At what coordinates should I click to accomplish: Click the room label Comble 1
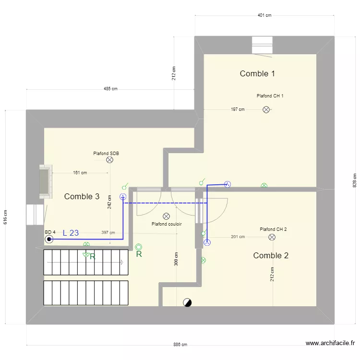click(257, 73)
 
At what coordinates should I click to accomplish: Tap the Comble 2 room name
click(271, 255)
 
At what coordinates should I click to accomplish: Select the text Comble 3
click(82, 196)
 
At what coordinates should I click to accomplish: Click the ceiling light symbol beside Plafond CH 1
click(266, 110)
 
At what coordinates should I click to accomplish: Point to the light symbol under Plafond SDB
click(109, 160)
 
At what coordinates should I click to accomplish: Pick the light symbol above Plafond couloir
click(166, 216)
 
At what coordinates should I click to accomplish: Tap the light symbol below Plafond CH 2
click(272, 237)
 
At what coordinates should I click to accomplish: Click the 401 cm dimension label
click(264, 15)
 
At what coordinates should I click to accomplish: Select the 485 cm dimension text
click(110, 89)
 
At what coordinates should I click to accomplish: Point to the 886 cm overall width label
click(180, 345)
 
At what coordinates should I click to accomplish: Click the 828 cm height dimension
click(355, 180)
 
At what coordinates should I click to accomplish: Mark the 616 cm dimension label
click(5, 217)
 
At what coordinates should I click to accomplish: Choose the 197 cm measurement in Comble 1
click(238, 109)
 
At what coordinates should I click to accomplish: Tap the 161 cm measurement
click(80, 173)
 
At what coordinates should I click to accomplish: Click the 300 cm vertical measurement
click(176, 259)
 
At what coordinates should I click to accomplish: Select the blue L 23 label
click(71, 233)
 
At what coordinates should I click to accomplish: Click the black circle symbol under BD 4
click(48, 239)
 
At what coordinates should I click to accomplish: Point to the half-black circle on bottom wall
click(187, 302)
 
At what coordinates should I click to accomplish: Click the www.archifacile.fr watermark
click(330, 343)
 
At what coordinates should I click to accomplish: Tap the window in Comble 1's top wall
click(263, 45)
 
